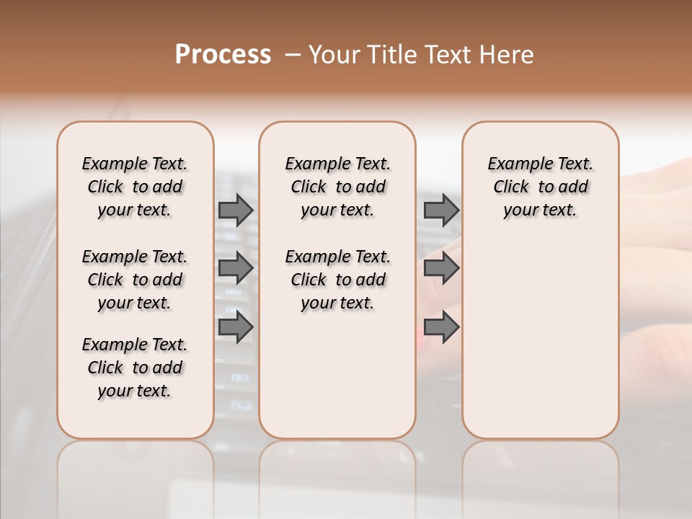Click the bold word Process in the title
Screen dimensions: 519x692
tap(223, 55)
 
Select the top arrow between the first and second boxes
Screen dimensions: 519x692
tap(236, 210)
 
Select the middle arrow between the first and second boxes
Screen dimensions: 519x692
tap(236, 268)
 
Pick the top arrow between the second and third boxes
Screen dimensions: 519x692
tap(441, 210)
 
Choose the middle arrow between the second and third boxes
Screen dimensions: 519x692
tap(441, 268)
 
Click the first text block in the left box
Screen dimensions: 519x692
tap(135, 187)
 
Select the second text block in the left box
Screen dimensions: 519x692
tap(135, 280)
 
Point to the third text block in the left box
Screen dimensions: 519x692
tap(135, 368)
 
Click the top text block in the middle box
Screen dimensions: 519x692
tap(337, 187)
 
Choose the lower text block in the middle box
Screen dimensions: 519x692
tap(337, 280)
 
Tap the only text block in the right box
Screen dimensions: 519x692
tap(540, 187)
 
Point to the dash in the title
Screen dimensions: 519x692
tap(292, 55)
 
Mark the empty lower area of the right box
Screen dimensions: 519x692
tap(540, 339)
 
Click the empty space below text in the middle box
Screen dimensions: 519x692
tap(337, 375)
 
